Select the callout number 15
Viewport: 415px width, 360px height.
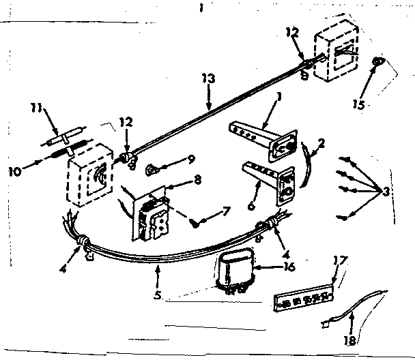tap(358, 104)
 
